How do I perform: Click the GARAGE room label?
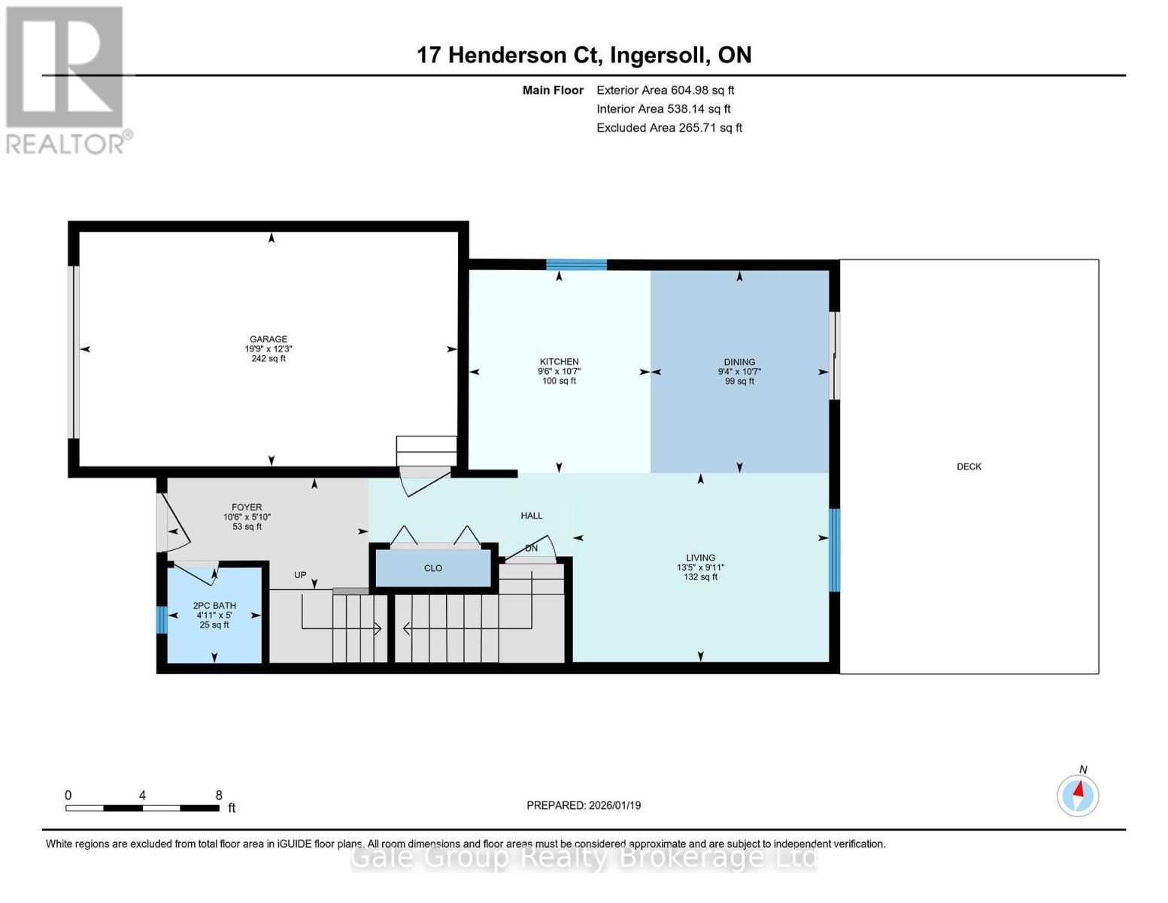268,339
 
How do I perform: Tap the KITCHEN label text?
559,361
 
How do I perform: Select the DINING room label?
739,362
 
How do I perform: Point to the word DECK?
969,467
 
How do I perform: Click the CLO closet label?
432,568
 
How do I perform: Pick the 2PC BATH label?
214,605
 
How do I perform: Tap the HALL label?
532,515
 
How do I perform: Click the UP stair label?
300,574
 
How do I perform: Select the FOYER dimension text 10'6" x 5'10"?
247,517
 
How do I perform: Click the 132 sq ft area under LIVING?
700,576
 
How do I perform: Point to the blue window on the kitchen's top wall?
576,264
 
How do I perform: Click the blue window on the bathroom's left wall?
162,619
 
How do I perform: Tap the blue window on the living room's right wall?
834,549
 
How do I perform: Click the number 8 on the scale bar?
219,795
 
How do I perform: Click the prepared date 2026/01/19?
614,805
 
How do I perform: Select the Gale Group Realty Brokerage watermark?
584,857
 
